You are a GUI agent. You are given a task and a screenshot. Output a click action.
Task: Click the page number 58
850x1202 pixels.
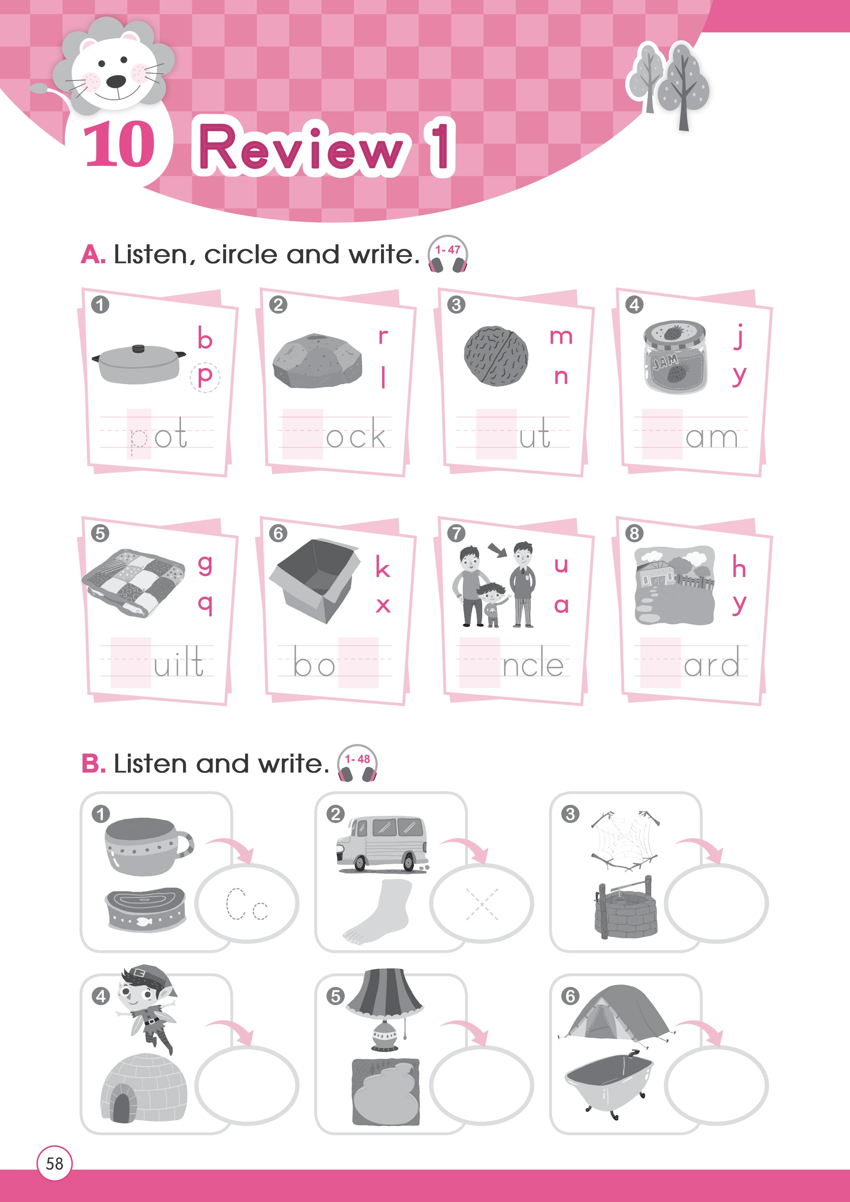point(54,1163)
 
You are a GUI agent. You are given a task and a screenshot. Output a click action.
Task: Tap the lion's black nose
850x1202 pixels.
point(116,82)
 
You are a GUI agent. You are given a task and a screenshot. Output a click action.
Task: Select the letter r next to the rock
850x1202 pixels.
point(384,336)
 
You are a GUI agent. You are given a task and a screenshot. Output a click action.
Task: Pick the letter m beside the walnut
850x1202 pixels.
point(561,336)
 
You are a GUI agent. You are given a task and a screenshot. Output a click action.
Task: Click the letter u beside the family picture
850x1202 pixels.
point(561,565)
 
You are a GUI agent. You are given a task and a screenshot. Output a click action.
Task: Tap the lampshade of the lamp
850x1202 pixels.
point(385,991)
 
